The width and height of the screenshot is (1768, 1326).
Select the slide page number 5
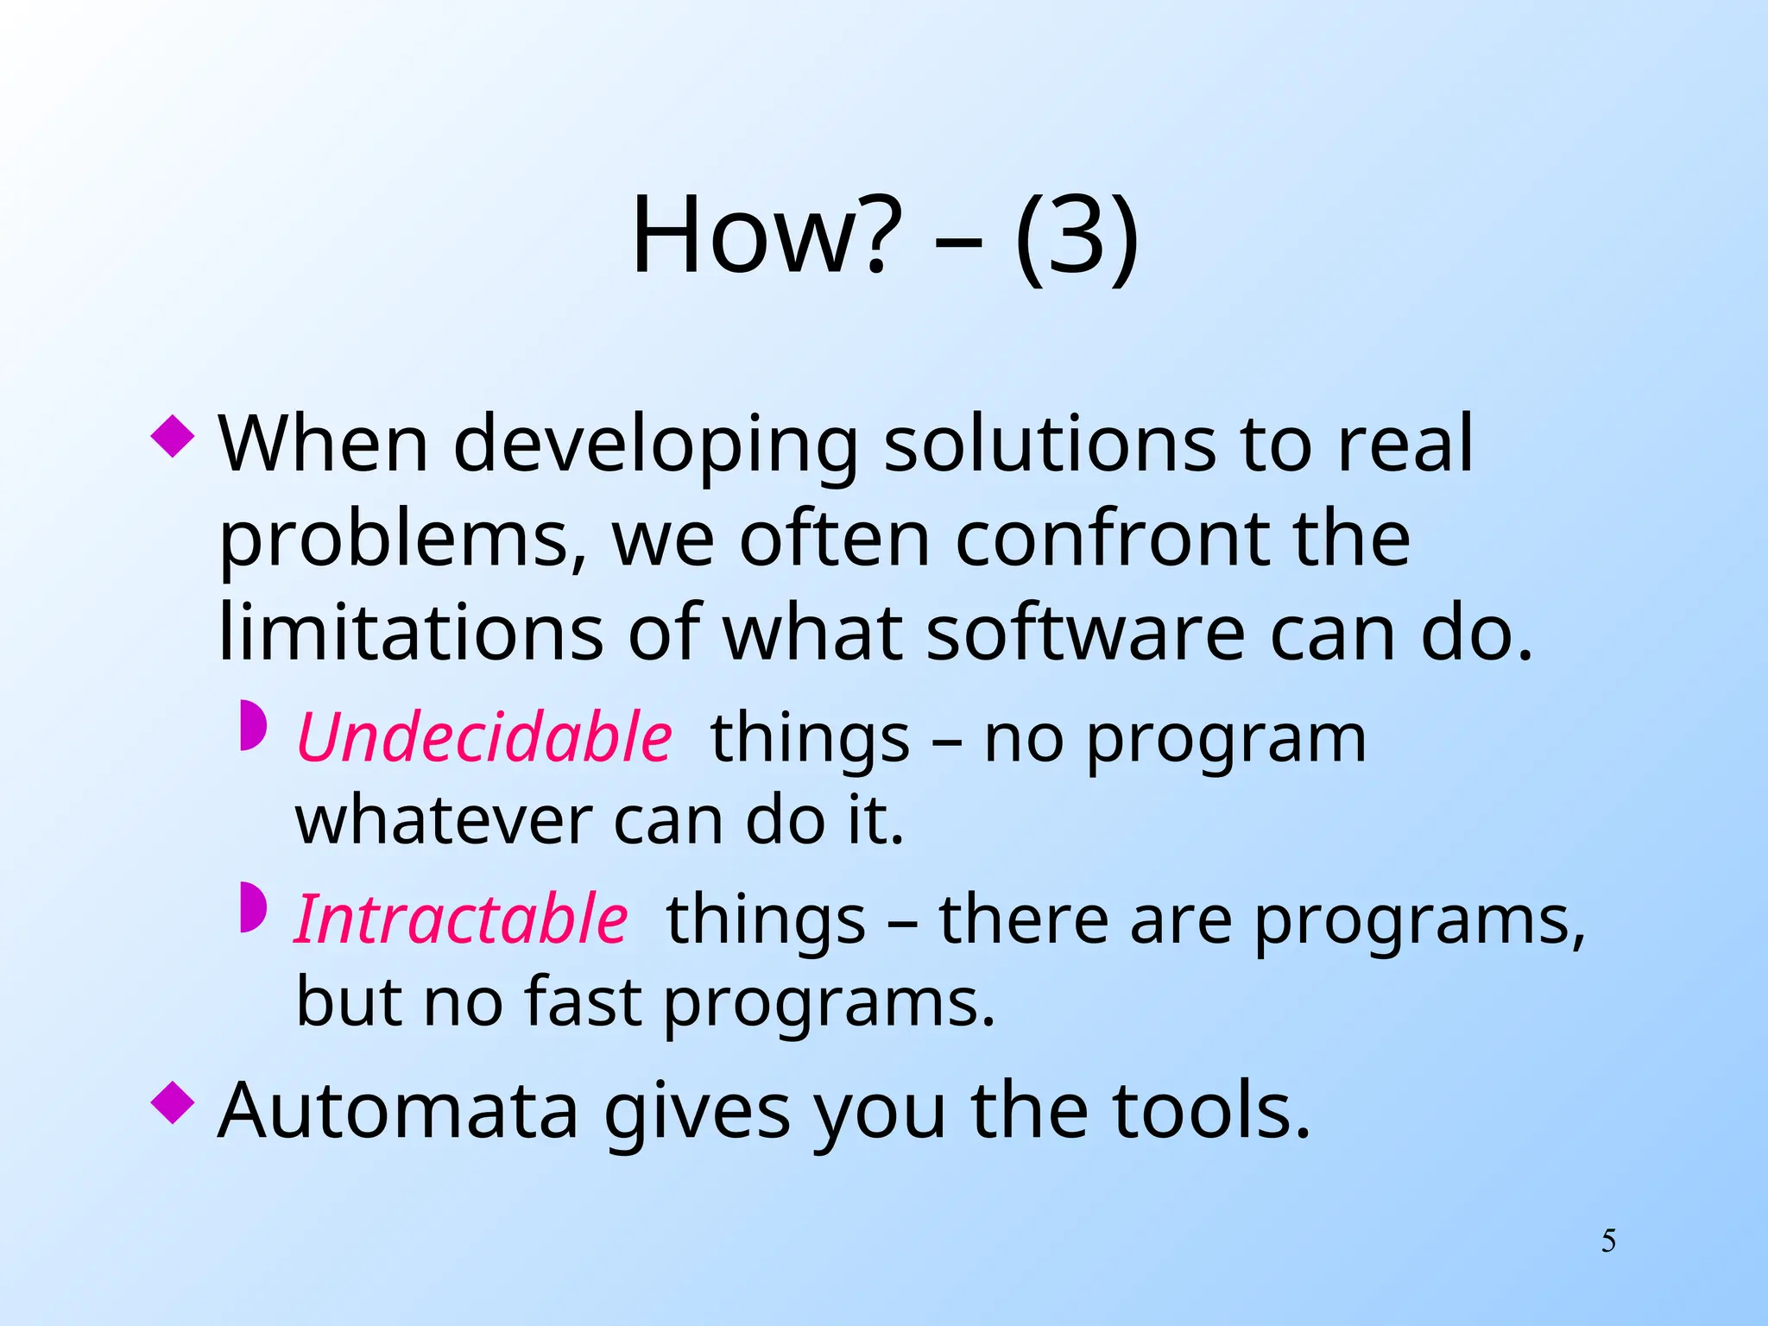click(1608, 1241)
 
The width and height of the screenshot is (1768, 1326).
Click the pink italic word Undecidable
click(484, 738)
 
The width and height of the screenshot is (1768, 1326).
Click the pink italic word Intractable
click(461, 919)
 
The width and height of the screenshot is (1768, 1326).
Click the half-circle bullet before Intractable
click(253, 907)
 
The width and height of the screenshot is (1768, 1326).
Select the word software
click(1086, 633)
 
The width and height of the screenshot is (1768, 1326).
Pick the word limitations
click(410, 633)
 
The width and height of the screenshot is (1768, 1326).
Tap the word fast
click(583, 1001)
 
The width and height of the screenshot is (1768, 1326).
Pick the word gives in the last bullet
click(697, 1114)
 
